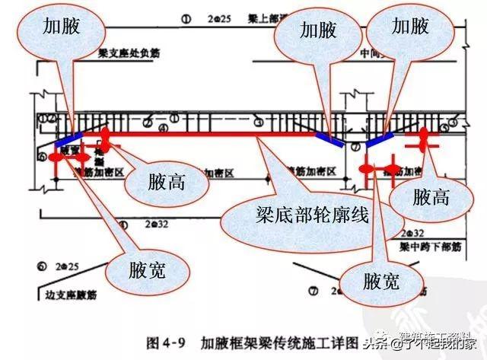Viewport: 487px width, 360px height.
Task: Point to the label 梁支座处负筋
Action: click(x=130, y=53)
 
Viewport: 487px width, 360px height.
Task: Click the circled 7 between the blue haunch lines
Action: click(x=355, y=148)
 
